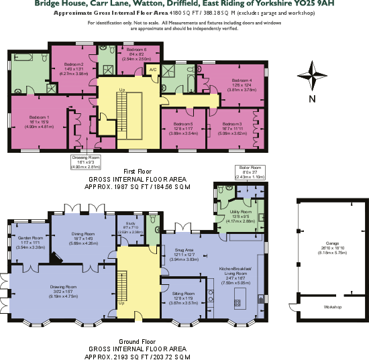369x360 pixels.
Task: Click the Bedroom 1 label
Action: (36, 117)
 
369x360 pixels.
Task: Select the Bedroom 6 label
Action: (136, 50)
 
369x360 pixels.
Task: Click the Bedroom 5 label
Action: (183, 124)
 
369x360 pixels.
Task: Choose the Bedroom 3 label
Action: (231, 124)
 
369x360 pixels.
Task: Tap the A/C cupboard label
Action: (152, 69)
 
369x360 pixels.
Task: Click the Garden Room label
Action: (30, 238)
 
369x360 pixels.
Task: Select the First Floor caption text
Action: (138, 172)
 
